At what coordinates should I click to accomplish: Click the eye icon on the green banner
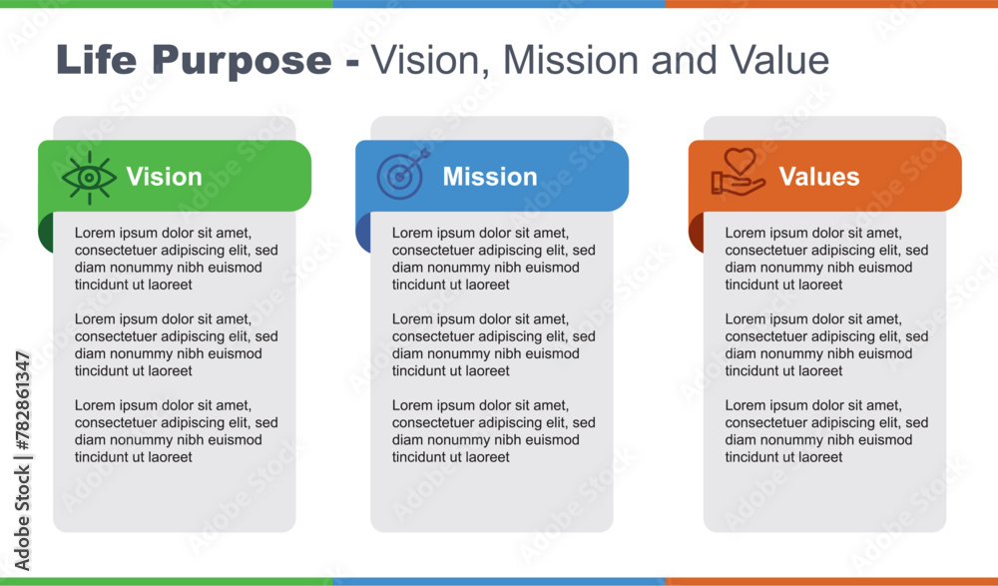[89, 177]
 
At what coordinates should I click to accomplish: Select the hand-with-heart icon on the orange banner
[738, 172]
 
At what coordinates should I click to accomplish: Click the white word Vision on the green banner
[165, 177]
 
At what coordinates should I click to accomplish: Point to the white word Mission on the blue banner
[490, 177]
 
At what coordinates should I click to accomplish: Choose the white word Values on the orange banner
[819, 177]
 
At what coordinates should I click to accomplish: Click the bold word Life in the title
[96, 60]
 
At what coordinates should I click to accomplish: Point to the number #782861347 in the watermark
[22, 400]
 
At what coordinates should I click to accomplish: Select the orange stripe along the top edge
[831, 4]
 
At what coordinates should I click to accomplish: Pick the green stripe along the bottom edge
[166, 582]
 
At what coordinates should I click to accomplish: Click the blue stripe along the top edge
[498, 4]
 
